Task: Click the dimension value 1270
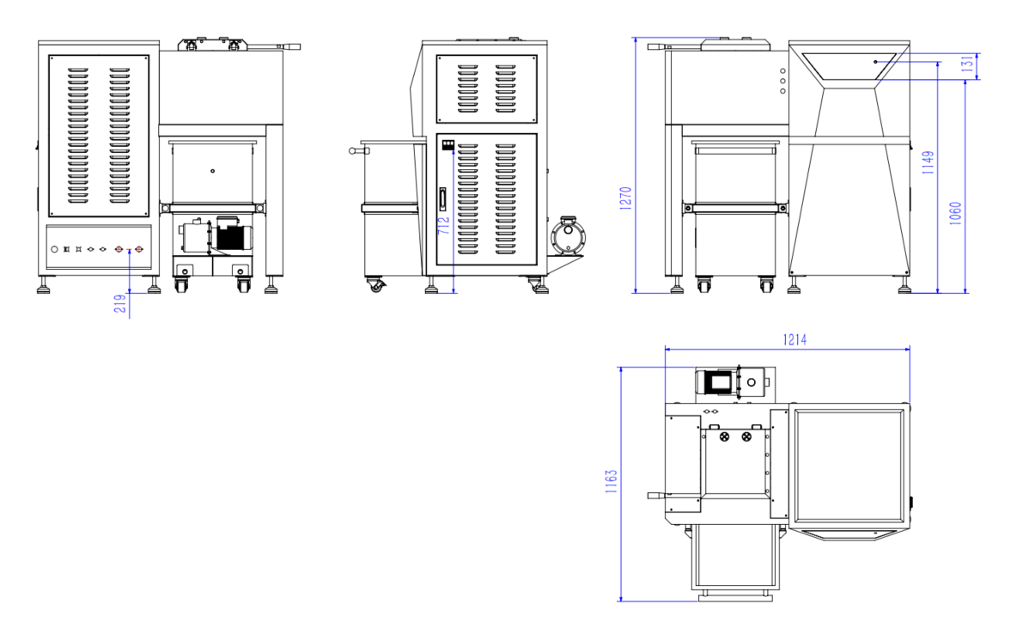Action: [x=625, y=198]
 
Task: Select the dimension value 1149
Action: [x=928, y=162]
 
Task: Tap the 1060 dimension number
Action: [x=955, y=214]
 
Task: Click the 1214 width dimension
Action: [x=795, y=340]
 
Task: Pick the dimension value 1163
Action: [x=612, y=481]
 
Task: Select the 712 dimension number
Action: [x=443, y=225]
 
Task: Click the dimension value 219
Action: [x=119, y=303]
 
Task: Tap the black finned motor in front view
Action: [x=233, y=238]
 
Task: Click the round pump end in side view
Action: [x=569, y=237]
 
